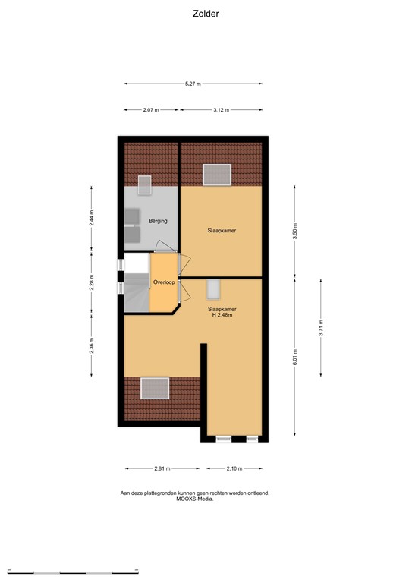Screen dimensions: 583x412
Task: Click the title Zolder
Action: (x=206, y=13)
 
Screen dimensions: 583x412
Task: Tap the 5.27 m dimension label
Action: (x=193, y=84)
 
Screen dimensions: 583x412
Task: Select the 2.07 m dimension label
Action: (x=150, y=110)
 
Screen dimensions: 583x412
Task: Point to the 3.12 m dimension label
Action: (x=221, y=110)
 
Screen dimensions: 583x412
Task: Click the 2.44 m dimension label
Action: (x=92, y=218)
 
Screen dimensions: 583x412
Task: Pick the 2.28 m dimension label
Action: (x=92, y=282)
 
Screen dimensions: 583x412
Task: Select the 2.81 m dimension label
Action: (x=162, y=468)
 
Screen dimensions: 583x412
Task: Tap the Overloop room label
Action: (x=163, y=282)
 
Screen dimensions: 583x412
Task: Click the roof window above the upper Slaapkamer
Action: (x=217, y=174)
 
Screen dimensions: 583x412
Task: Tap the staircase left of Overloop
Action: (x=136, y=287)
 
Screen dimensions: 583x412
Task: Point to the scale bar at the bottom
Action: (x=72, y=569)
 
